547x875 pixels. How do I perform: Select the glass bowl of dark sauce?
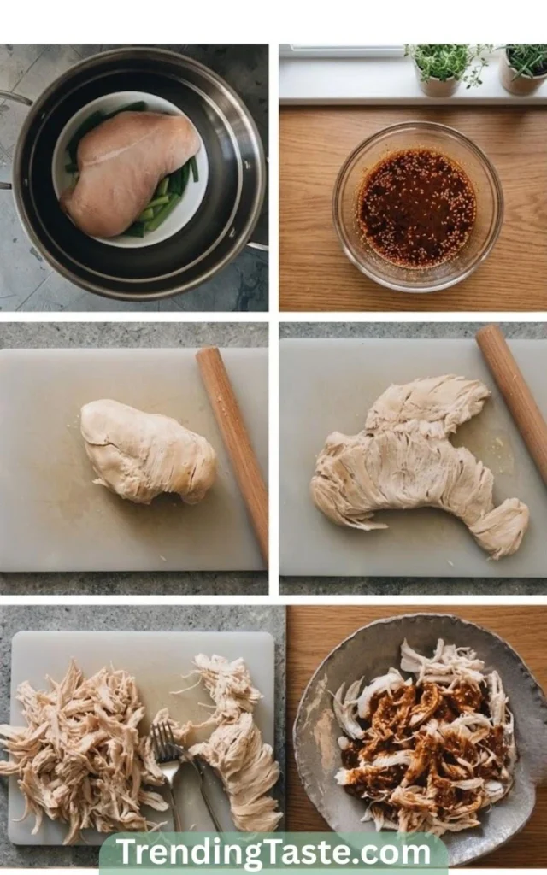[417, 207]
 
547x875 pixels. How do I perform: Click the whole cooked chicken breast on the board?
[148, 451]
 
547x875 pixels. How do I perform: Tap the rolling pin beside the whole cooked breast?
[233, 451]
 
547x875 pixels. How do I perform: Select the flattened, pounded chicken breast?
[416, 463]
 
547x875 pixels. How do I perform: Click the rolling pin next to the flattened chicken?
[514, 402]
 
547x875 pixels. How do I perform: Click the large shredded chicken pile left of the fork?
[78, 750]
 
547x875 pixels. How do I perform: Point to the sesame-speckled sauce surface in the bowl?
[417, 208]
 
